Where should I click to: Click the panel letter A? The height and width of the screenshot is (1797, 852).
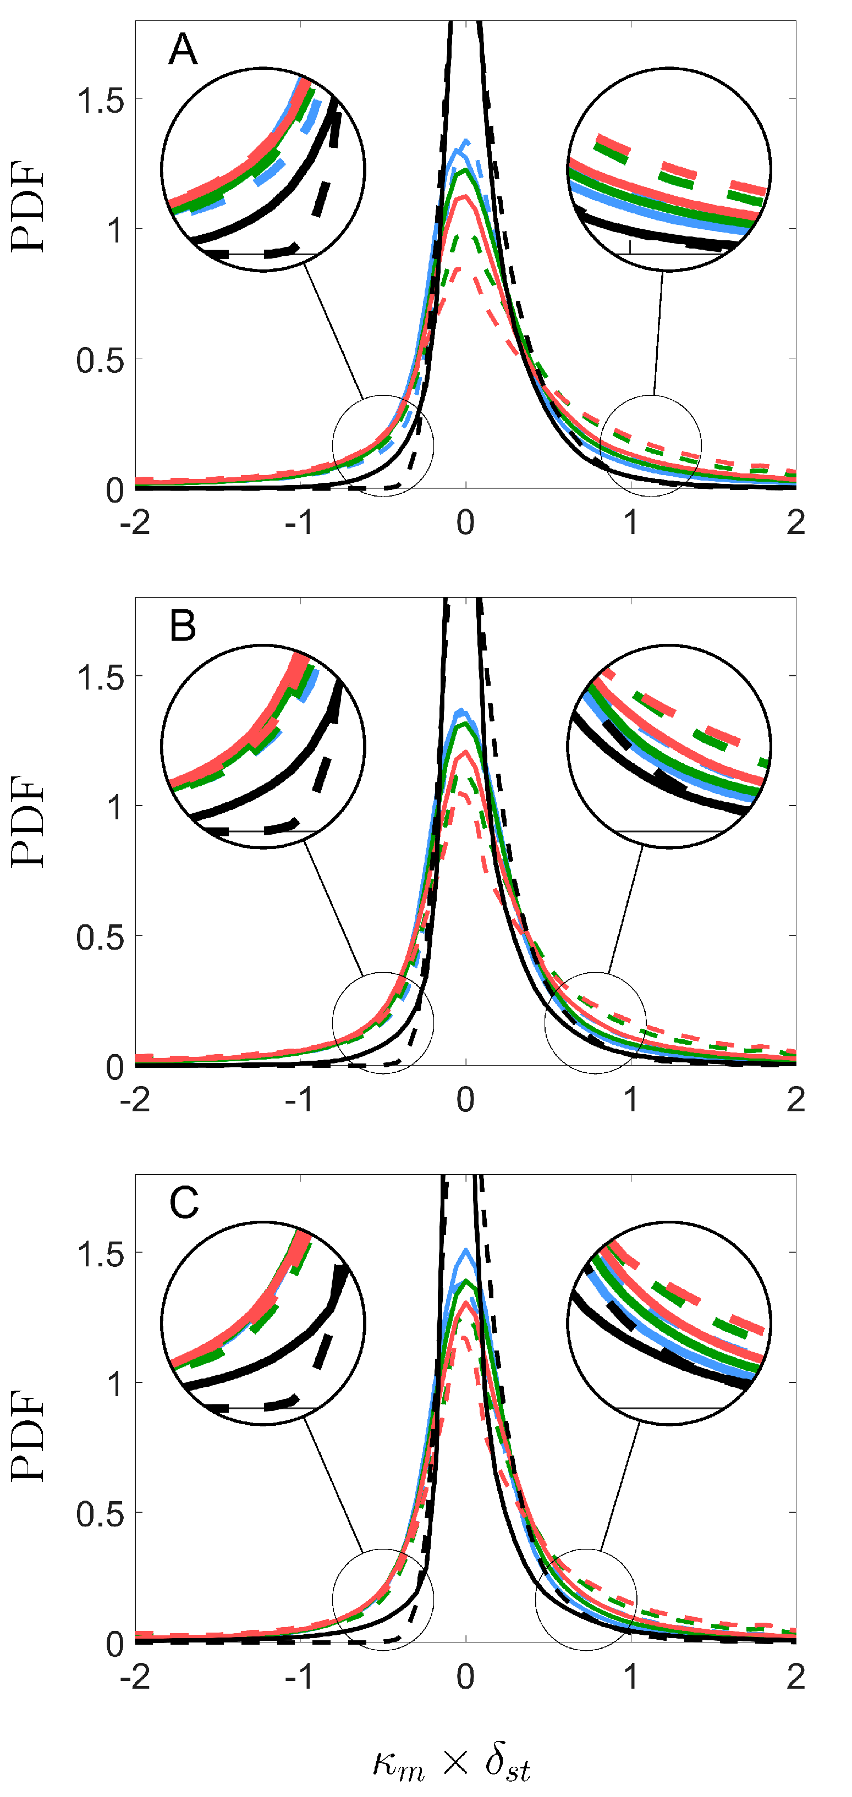pyautogui.click(x=183, y=49)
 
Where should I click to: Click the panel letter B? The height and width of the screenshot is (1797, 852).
pyautogui.click(x=183, y=626)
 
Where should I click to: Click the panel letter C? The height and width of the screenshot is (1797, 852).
pyautogui.click(x=184, y=1203)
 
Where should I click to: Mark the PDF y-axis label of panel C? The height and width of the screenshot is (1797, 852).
pyautogui.click(x=28, y=1436)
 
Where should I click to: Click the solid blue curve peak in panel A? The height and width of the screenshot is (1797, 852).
pyautogui.click(x=458, y=149)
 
